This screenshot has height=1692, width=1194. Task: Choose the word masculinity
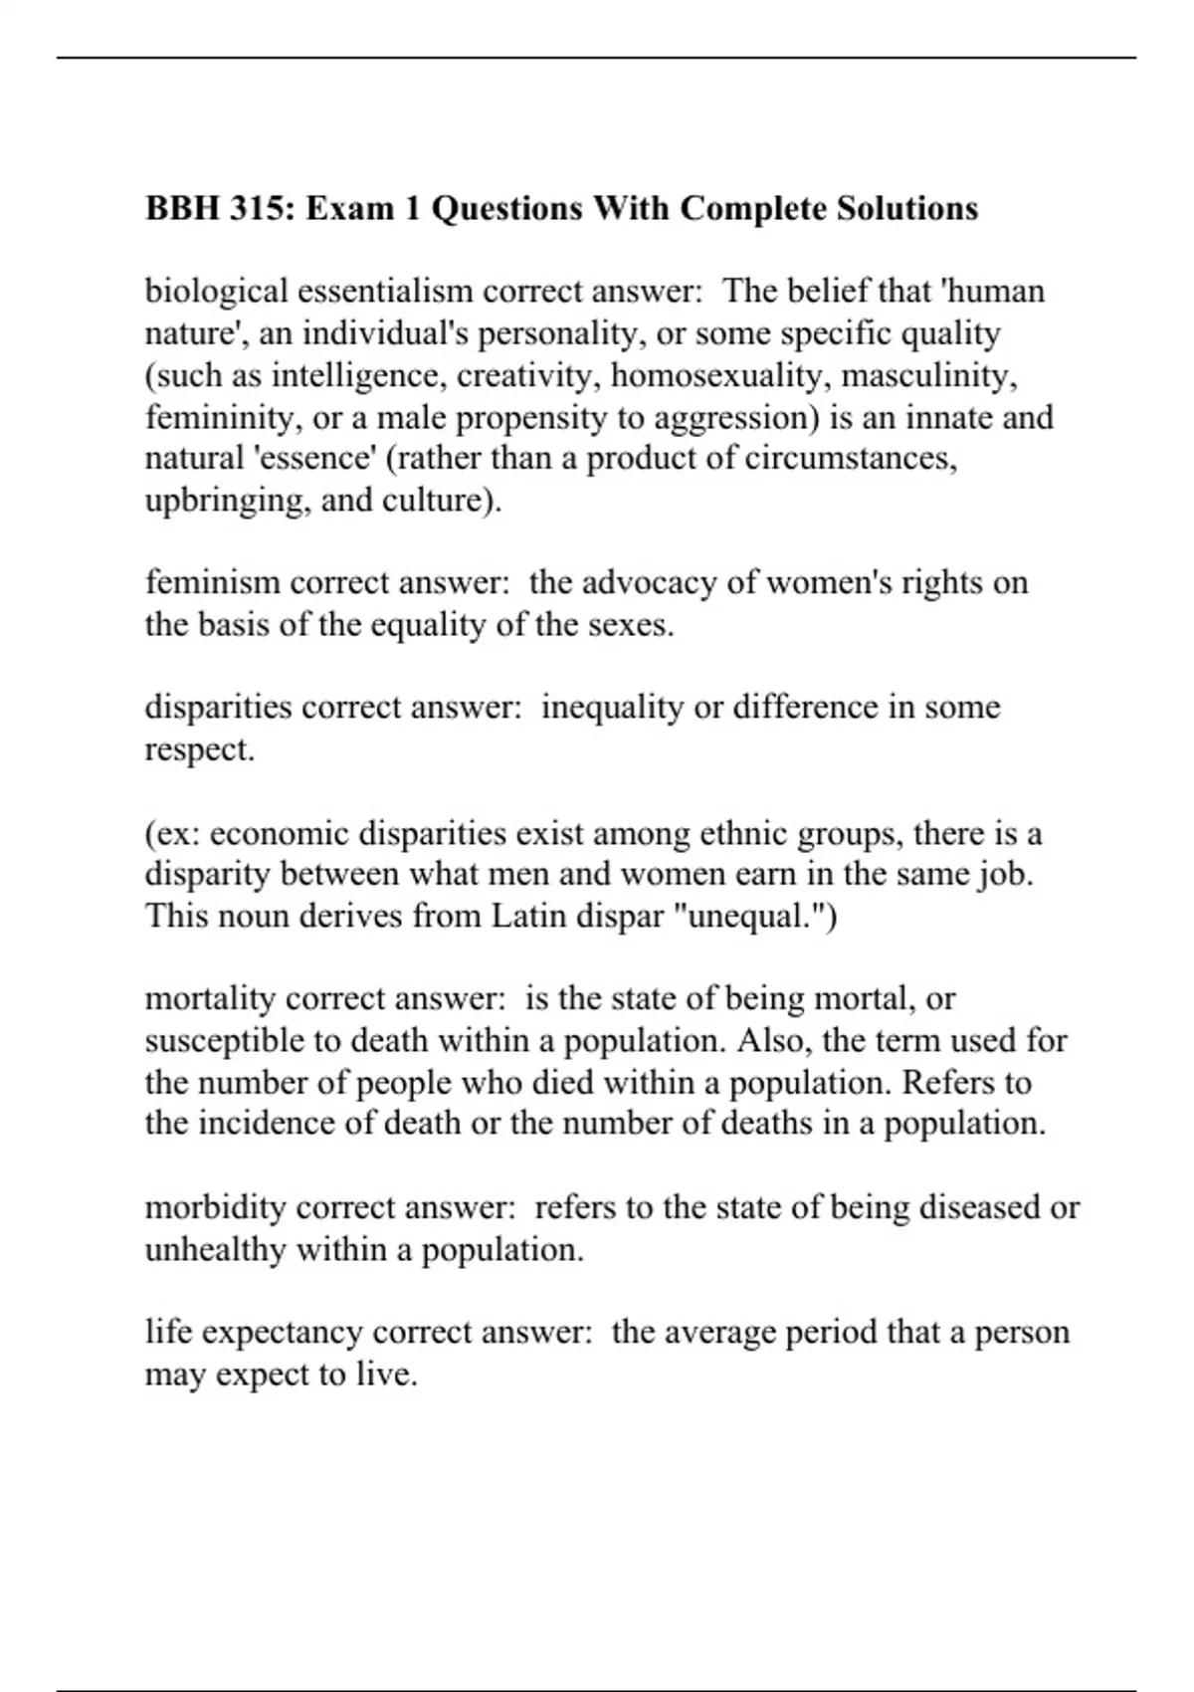click(x=929, y=375)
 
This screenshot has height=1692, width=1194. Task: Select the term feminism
click(x=212, y=583)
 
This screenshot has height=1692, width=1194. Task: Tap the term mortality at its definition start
click(x=210, y=998)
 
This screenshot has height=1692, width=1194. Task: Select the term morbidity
click(x=215, y=1207)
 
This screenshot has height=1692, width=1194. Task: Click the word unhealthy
click(x=215, y=1249)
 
